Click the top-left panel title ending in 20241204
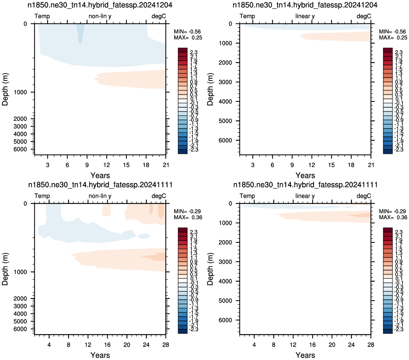[100, 5]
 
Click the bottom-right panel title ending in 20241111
[305, 185]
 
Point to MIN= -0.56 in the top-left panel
[187, 31]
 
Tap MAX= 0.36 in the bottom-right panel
[393, 217]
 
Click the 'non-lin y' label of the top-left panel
[100, 16]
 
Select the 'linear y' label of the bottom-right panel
[305, 196]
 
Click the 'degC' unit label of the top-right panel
[363, 16]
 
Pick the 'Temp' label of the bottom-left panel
[42, 196]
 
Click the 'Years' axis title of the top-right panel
[305, 175]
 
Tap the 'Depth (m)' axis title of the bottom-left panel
[5, 269]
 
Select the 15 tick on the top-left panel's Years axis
[126, 165]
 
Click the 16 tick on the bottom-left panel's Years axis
[107, 344]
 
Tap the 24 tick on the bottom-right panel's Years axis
[351, 344]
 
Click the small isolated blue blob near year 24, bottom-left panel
[144, 236]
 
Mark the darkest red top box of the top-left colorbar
[182, 50]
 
